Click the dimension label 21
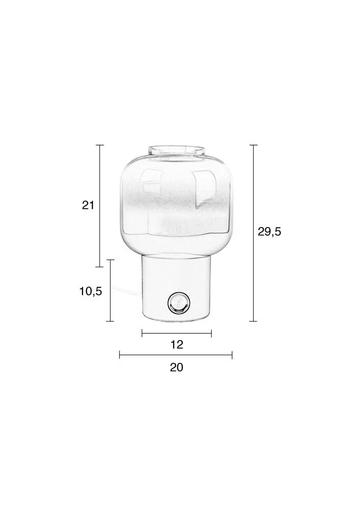(x=88, y=205)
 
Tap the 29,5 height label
(x=269, y=232)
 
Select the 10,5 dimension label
(x=91, y=291)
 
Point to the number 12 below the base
(x=177, y=345)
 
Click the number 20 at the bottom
(x=177, y=367)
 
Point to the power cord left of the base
(x=127, y=290)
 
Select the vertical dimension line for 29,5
(x=253, y=233)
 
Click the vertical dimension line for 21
(x=100, y=206)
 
